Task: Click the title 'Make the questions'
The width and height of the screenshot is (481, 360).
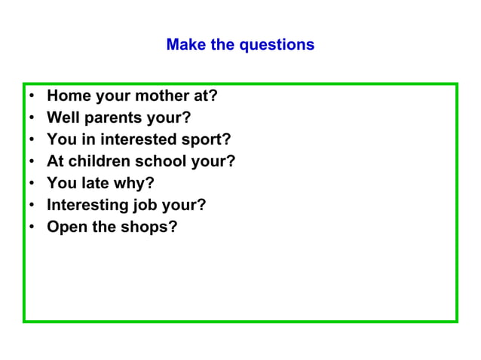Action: tap(240, 44)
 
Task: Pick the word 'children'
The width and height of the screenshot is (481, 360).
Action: tap(100, 161)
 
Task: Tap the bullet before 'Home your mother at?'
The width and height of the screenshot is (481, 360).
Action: tap(32, 97)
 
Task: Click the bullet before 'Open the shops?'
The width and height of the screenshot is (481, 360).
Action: tap(32, 227)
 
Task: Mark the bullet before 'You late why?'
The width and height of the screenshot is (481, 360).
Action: tap(32, 184)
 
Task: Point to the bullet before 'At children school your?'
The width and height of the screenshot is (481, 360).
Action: tap(32, 162)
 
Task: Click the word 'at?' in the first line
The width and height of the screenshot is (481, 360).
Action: tap(205, 96)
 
